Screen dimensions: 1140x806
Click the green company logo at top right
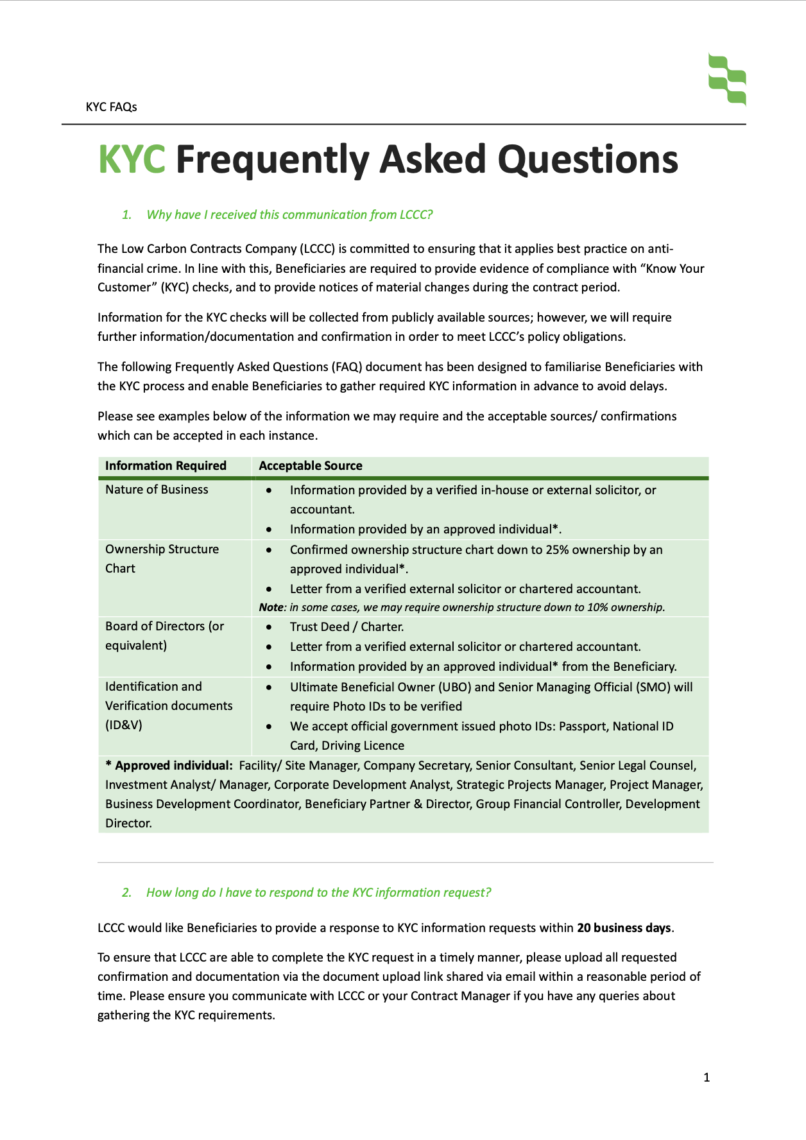pyautogui.click(x=727, y=80)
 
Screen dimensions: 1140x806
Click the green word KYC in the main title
pyautogui.click(x=132, y=159)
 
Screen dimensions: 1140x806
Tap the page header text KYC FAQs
pyautogui.click(x=111, y=107)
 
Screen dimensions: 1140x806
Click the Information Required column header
pyautogui.click(x=166, y=466)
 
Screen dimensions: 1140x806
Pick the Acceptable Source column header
pyautogui.click(x=311, y=466)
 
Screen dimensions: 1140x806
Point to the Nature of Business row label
pyautogui.click(x=157, y=490)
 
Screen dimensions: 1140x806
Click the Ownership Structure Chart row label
pyautogui.click(x=162, y=558)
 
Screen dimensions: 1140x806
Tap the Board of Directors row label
pyautogui.click(x=164, y=635)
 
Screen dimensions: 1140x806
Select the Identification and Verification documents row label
pyautogui.click(x=168, y=705)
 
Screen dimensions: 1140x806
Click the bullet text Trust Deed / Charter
pyautogui.click(x=347, y=627)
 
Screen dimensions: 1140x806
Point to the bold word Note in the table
pyautogui.click(x=271, y=607)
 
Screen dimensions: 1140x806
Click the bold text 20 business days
pyautogui.click(x=624, y=928)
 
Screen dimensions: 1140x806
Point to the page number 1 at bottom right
pyautogui.click(x=707, y=1078)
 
